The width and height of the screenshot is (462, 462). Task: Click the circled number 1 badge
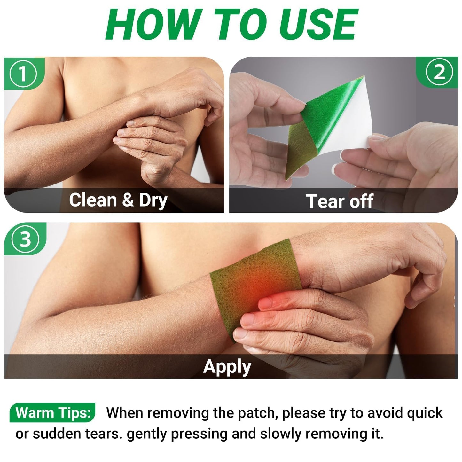tap(23, 74)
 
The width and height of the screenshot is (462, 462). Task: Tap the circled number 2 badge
tap(439, 72)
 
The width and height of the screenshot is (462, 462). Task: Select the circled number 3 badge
tap(25, 239)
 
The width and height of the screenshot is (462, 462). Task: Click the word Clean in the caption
tap(93, 200)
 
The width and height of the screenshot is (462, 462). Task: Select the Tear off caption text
tap(340, 201)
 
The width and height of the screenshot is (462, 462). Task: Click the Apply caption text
tap(227, 367)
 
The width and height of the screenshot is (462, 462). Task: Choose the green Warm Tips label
tap(52, 413)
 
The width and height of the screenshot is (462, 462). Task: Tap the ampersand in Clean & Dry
tap(128, 200)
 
